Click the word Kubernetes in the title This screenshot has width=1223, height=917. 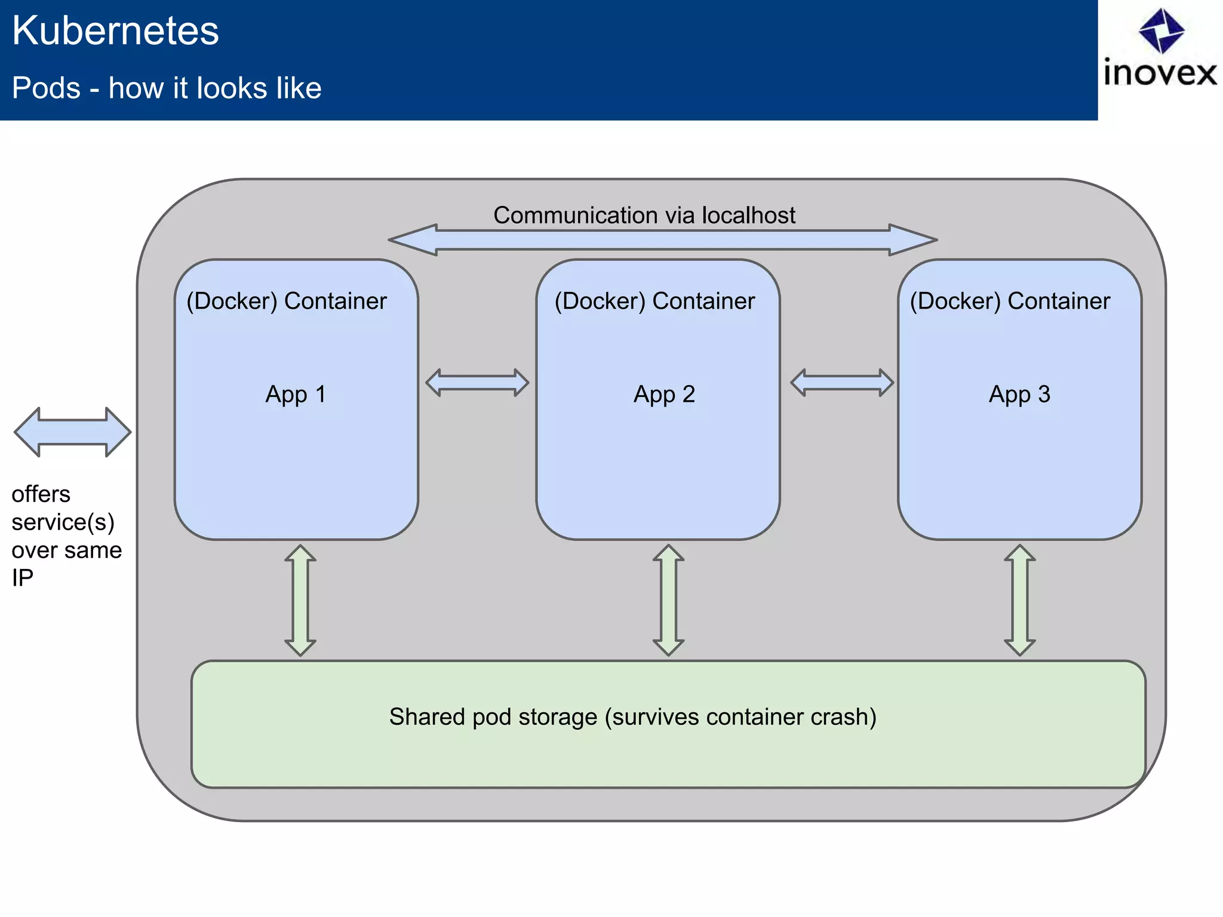coord(115,31)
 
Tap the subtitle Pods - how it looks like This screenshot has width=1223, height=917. coord(167,88)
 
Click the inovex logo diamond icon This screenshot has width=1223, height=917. coord(1161,30)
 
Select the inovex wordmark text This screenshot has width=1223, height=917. coord(1160,73)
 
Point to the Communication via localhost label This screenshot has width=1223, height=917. coord(644,215)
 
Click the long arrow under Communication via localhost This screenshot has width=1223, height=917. coord(662,240)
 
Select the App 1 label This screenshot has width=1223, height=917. coord(296,394)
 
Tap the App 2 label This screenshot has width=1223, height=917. coord(664,394)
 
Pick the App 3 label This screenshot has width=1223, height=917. coord(1019,394)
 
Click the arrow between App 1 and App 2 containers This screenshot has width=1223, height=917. coord(477,383)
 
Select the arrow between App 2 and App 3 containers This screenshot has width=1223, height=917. coord(842,383)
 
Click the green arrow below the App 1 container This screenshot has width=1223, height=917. coord(300,600)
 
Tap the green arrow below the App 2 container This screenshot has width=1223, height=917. coord(668,600)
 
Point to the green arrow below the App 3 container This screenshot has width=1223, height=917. coord(1019,600)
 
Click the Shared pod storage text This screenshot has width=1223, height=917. coord(632,717)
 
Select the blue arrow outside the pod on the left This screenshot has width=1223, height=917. coord(72,432)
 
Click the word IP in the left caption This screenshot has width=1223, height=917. coord(22,578)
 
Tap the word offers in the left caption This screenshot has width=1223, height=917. coord(41,494)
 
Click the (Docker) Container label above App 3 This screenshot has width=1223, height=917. coord(1009,301)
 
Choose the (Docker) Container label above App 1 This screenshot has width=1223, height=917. coord(287,301)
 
